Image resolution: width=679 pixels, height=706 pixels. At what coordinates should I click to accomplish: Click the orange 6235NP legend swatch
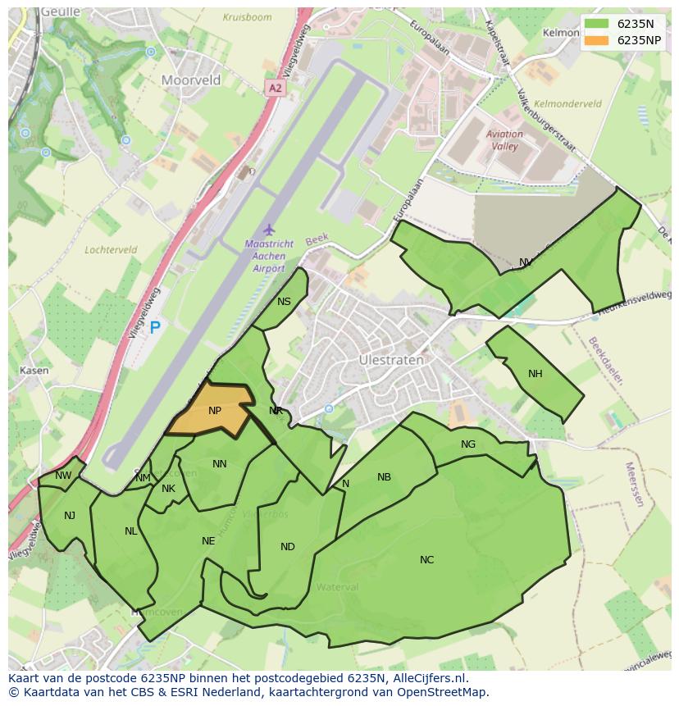(596, 40)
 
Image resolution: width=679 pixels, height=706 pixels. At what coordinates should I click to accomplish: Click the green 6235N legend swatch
(596, 24)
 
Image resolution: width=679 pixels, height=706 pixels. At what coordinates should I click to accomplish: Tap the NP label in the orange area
(215, 411)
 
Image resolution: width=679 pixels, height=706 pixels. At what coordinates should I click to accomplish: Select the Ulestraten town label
(391, 360)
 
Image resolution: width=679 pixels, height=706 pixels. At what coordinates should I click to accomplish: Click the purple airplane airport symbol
(268, 230)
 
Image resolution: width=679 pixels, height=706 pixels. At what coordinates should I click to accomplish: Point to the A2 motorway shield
(275, 87)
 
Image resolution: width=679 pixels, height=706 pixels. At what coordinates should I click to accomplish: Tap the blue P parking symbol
(155, 329)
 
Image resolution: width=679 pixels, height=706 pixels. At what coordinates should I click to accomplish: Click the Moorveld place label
(191, 80)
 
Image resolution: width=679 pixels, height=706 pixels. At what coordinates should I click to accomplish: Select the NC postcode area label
(426, 560)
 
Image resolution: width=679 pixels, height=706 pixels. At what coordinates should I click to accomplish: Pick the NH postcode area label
(535, 374)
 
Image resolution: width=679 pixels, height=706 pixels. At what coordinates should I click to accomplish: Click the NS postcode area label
(284, 302)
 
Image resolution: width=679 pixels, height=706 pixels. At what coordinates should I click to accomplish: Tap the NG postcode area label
(468, 444)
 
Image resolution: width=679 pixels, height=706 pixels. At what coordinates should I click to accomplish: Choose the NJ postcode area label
(70, 516)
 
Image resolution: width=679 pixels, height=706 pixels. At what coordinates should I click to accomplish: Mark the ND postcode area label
(287, 547)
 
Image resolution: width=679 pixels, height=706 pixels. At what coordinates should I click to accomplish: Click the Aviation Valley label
(504, 140)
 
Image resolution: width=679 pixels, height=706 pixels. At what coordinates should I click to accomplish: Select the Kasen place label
(34, 371)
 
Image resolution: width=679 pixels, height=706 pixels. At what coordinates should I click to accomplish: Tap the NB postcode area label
(384, 477)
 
